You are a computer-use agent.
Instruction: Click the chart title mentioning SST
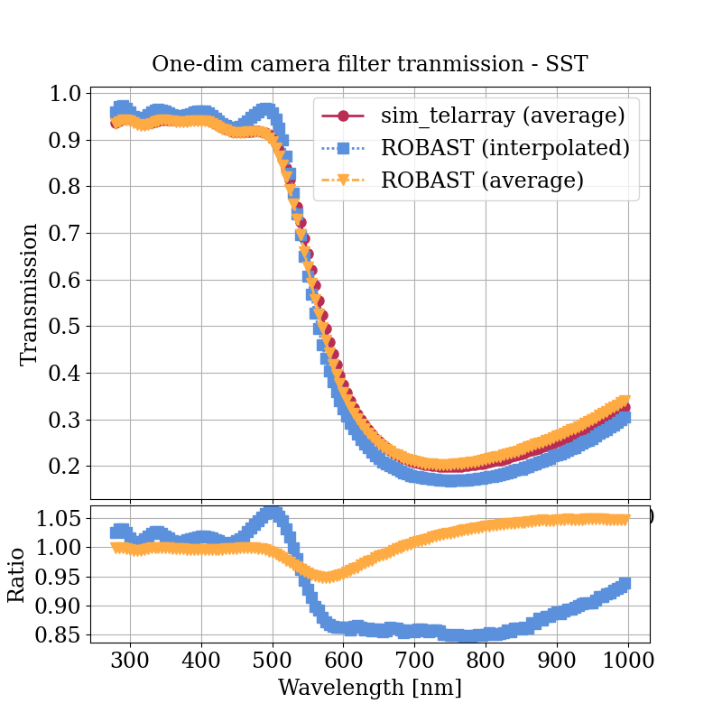[370, 64]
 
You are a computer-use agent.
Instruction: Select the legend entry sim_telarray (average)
[503, 116]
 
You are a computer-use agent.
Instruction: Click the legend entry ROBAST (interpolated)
[504, 147]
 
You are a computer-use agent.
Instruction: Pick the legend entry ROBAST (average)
[482, 180]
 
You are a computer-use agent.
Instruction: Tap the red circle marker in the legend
[343, 116]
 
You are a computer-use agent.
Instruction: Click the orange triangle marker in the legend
[343, 180]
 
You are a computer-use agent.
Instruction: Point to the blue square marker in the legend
[343, 148]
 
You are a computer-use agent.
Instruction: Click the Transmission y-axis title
[30, 294]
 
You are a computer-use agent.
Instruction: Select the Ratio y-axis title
[17, 575]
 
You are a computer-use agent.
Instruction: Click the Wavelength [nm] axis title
[370, 688]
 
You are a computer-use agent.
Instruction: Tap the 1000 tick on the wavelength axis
[628, 660]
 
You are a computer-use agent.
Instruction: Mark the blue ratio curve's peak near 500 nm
[273, 514]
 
